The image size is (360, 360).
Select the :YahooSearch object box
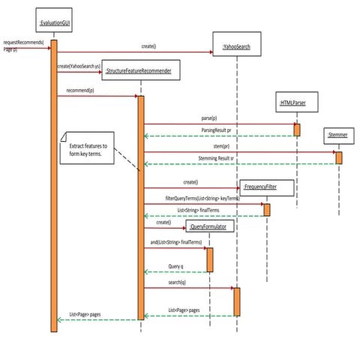pyautogui.click(x=237, y=47)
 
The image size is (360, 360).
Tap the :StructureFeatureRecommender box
pyautogui.click(x=140, y=72)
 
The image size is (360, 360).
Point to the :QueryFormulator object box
pyautogui.click(x=209, y=224)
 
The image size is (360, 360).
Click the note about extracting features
pyautogui.click(x=87, y=149)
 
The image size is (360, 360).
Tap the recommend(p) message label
pyautogui.click(x=81, y=91)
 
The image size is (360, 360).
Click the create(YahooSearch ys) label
pyautogui.click(x=78, y=66)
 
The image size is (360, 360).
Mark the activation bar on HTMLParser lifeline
pyautogui.click(x=297, y=129)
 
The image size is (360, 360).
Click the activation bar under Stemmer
pyautogui.click(x=338, y=157)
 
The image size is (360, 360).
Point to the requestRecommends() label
pyautogui.click(x=23, y=43)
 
